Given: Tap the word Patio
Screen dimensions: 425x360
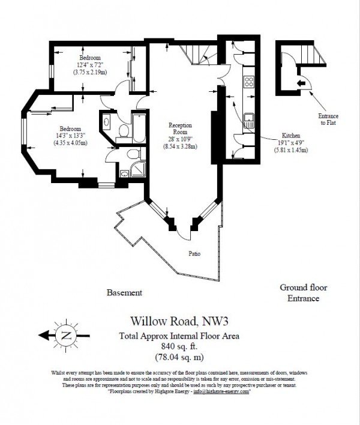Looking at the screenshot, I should pos(193,253).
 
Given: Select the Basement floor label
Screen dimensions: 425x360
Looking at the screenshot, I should pos(124,293).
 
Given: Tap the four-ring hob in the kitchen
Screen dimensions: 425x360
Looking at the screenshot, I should pos(248,82).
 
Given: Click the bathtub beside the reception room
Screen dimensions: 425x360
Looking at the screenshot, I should pos(137,127).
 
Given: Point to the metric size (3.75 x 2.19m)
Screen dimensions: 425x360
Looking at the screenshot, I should pos(91,72).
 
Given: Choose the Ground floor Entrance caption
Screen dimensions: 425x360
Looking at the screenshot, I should pos(303,293).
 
